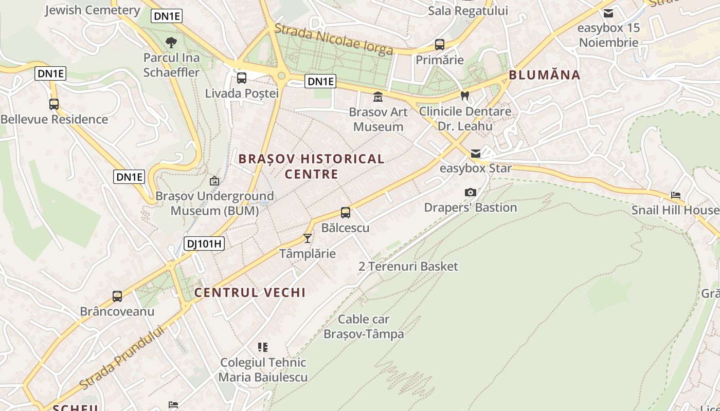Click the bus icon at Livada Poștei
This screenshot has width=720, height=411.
click(x=241, y=78)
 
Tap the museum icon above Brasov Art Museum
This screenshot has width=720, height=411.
click(x=378, y=97)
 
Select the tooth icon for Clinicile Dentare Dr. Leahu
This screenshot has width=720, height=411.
click(x=465, y=96)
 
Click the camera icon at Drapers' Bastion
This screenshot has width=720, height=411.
click(x=470, y=192)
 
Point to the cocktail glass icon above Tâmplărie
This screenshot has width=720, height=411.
click(x=308, y=238)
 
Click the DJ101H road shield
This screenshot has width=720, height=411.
click(x=204, y=244)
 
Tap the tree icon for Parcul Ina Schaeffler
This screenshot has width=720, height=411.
click(x=171, y=42)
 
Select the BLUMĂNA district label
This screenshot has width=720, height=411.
click(x=545, y=75)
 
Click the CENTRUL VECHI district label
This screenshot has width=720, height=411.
click(x=250, y=293)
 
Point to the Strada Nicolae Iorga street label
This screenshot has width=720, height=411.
click(x=334, y=39)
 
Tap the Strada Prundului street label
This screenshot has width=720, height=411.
click(x=122, y=358)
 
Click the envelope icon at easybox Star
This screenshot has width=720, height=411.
click(x=476, y=153)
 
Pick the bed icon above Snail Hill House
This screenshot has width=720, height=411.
click(x=676, y=195)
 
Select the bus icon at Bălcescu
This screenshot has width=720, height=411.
click(x=346, y=212)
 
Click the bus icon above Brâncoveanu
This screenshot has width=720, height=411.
click(x=117, y=296)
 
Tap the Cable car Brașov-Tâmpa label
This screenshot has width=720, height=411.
click(x=364, y=327)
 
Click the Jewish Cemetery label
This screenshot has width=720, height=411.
click(x=93, y=10)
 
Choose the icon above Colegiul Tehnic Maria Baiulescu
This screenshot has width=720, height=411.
click(x=263, y=347)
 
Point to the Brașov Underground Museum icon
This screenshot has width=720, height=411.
click(x=214, y=181)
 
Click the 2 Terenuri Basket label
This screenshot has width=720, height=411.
click(x=408, y=266)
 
